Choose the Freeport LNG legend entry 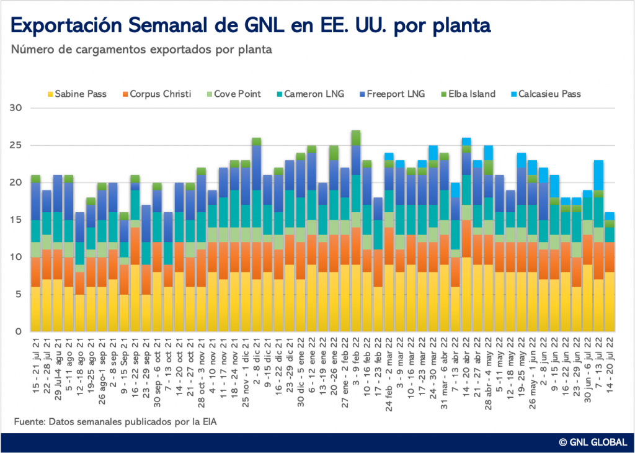(x=391, y=94)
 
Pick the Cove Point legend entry (x=233, y=94)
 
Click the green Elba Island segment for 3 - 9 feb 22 (x=356, y=138)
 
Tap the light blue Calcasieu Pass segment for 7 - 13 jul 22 (x=599, y=175)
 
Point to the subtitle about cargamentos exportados (x=141, y=50)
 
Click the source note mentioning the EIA (x=115, y=422)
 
